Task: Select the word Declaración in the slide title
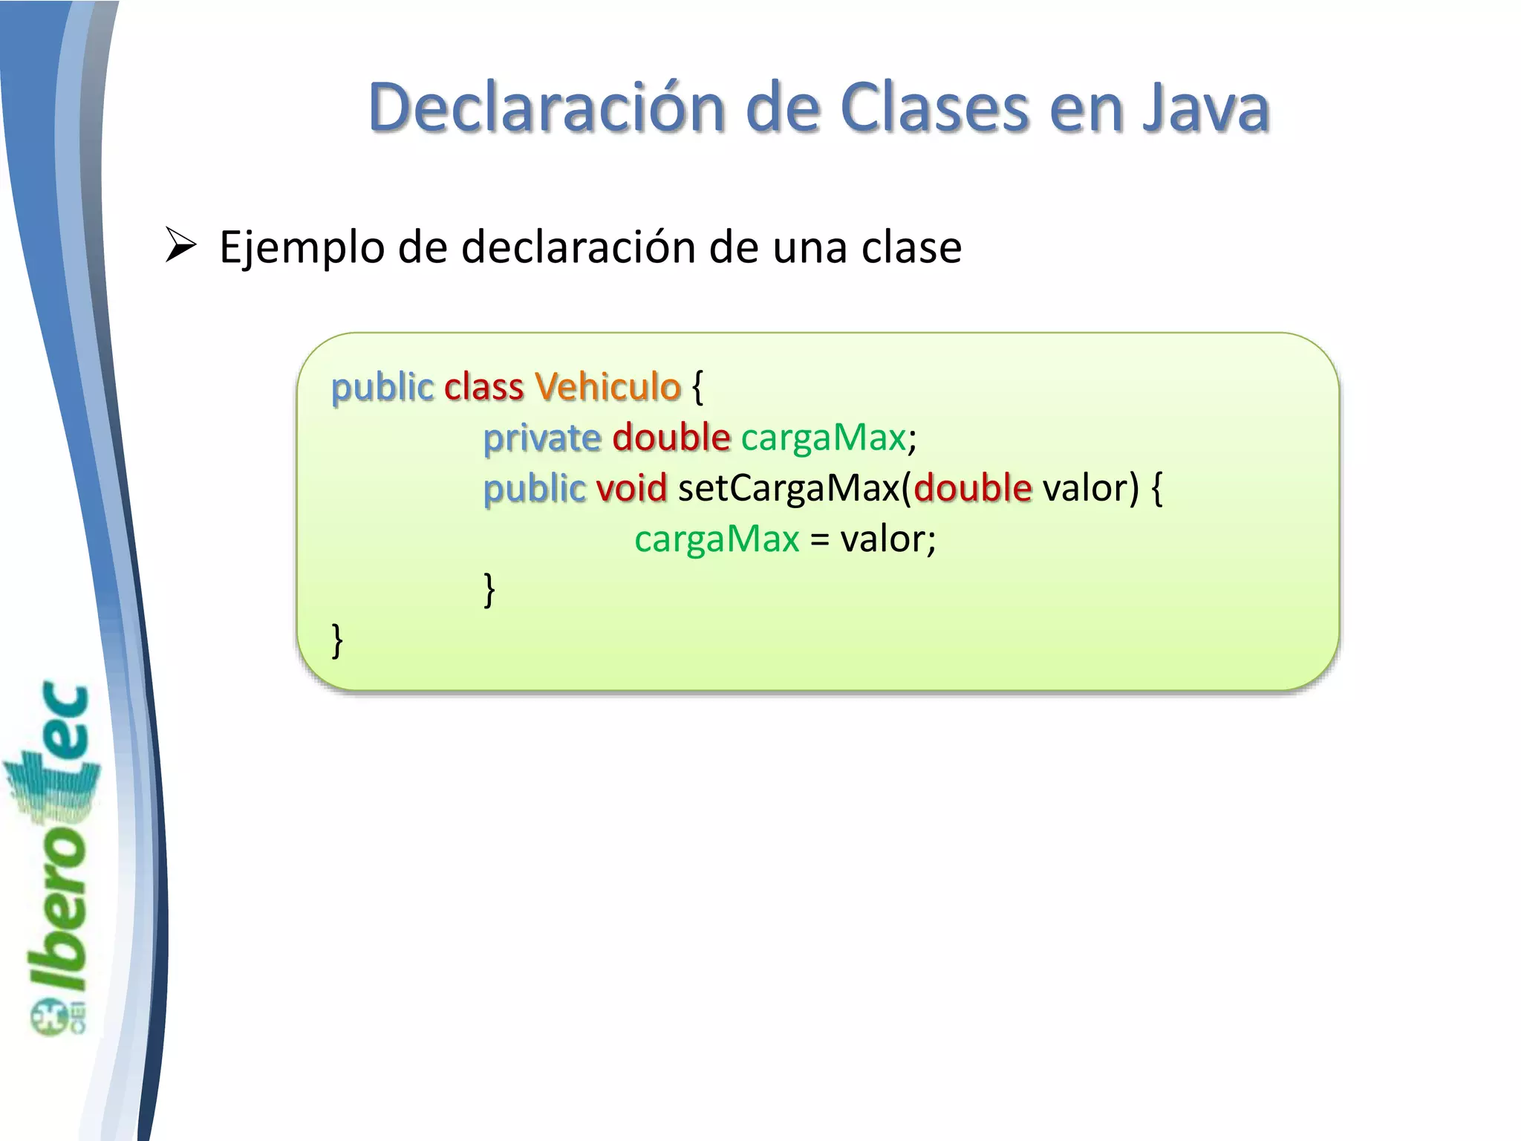(546, 108)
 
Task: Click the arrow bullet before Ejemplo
(180, 246)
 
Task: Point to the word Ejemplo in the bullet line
(302, 247)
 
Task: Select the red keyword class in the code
(483, 387)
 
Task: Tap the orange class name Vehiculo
(608, 387)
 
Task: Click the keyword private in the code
(542, 438)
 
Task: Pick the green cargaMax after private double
(823, 438)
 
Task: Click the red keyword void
(631, 488)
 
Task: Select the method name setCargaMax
(789, 488)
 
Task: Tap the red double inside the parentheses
(973, 488)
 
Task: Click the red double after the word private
(671, 438)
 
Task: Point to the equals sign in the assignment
(819, 539)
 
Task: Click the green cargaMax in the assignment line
(717, 539)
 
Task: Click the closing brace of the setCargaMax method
(489, 590)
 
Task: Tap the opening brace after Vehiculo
(697, 387)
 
